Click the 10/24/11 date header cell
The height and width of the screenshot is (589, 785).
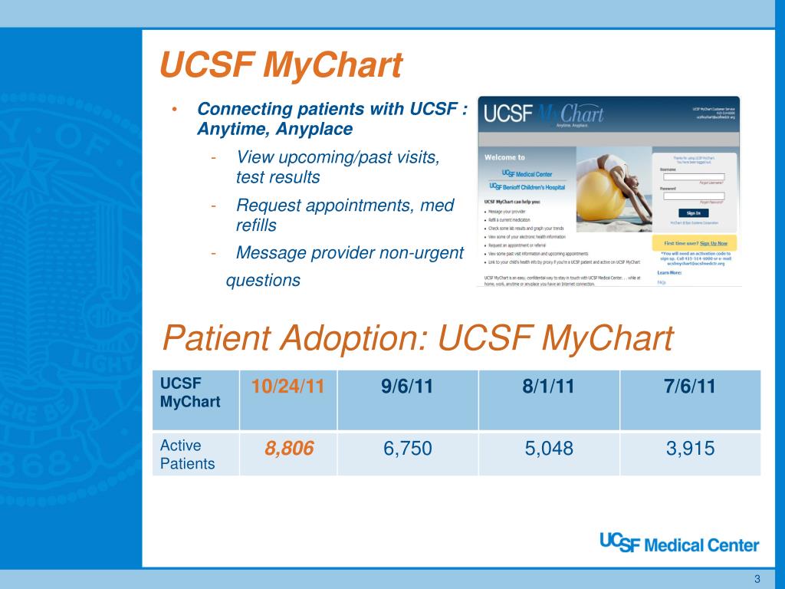click(x=288, y=387)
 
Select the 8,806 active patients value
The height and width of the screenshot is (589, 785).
click(x=290, y=449)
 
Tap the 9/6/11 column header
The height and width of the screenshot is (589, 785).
click(x=407, y=387)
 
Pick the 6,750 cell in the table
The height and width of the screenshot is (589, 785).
click(x=407, y=449)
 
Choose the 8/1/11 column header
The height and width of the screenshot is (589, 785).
click(x=548, y=387)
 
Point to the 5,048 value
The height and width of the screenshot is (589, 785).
click(x=548, y=449)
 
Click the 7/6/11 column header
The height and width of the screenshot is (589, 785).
click(x=690, y=387)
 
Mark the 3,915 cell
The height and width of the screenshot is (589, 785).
click(x=690, y=449)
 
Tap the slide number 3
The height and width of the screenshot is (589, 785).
click(x=757, y=577)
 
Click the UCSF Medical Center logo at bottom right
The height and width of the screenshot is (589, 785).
click(x=678, y=544)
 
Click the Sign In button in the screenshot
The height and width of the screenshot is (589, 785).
click(x=693, y=212)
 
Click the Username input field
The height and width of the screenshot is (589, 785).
click(x=693, y=176)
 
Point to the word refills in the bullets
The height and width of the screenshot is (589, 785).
click(x=256, y=225)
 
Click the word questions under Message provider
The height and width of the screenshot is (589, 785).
click(x=263, y=280)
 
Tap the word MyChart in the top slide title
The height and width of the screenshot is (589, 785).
click(x=332, y=66)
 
